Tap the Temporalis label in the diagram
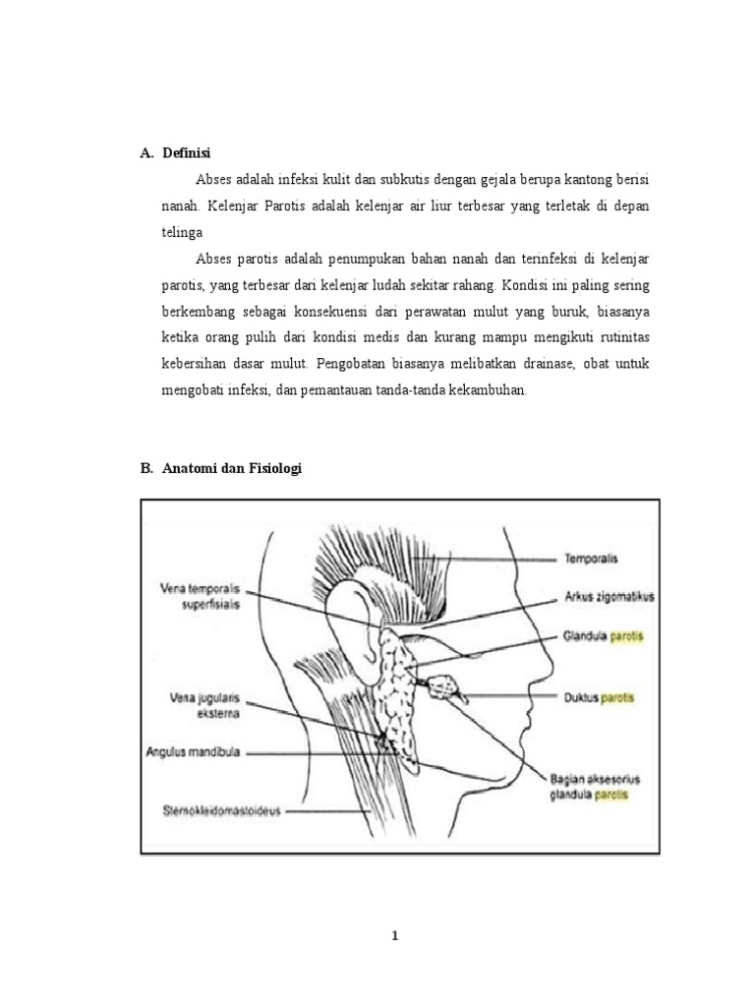590,558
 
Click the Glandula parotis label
598,634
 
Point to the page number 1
395,936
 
